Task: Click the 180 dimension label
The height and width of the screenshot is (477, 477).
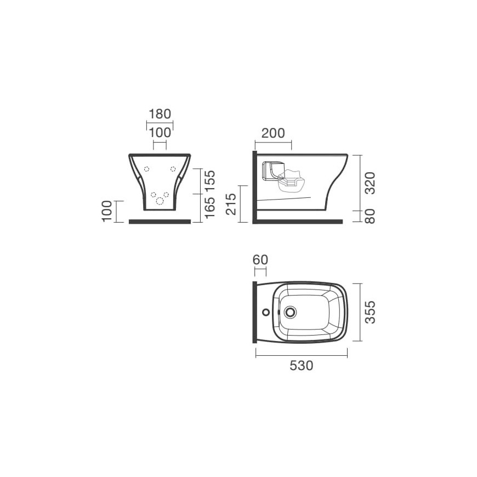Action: click(x=160, y=114)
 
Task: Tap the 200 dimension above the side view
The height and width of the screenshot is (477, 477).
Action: click(x=273, y=133)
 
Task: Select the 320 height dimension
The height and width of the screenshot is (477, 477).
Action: click(x=370, y=183)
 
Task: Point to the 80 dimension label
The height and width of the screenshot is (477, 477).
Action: click(x=370, y=217)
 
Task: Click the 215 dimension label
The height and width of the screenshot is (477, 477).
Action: click(x=231, y=204)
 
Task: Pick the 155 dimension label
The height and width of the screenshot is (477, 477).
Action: click(x=209, y=181)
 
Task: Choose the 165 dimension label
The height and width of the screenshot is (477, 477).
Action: click(x=209, y=207)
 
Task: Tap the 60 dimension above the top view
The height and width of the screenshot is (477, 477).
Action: click(x=260, y=259)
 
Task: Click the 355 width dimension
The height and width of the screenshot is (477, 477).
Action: click(x=370, y=313)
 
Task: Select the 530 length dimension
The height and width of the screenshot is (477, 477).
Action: click(x=301, y=365)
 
